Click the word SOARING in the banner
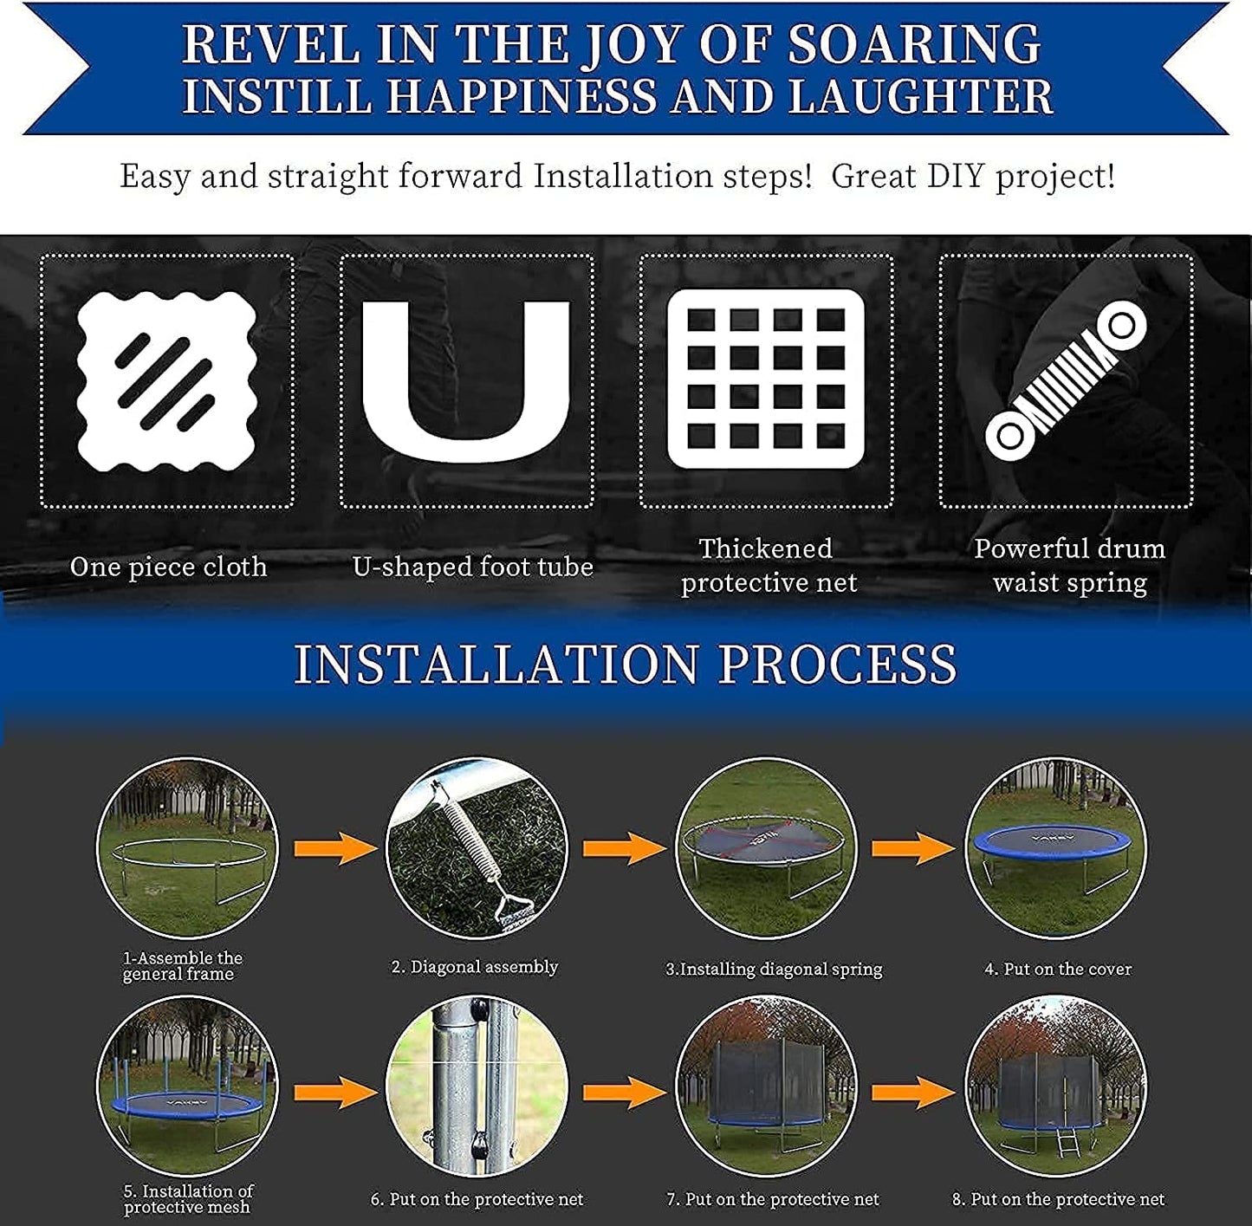tap(914, 44)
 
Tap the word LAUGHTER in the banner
tap(921, 97)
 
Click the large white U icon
tap(466, 381)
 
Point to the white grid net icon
tap(766, 379)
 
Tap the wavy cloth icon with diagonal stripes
tap(166, 380)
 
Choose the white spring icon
tap(1065, 380)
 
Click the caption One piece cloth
tap(168, 567)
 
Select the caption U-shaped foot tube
tap(472, 567)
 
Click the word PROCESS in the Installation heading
tap(837, 664)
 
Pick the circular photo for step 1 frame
tap(187, 848)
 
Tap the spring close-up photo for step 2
tap(477, 848)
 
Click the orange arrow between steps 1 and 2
tap(335, 848)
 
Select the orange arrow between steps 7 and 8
tap(913, 1093)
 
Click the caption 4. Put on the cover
tap(1058, 969)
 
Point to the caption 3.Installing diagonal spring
tap(774, 970)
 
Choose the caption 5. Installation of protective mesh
tap(188, 1199)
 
